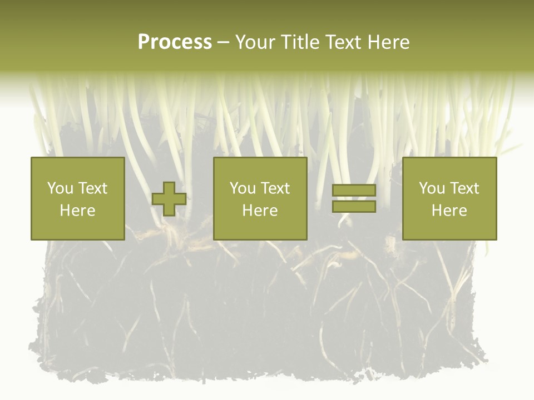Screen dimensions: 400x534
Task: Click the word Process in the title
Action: pos(175,42)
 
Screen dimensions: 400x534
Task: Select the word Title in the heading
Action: pos(301,42)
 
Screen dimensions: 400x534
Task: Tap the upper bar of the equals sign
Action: pos(354,191)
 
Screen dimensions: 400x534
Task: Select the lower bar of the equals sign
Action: pos(354,207)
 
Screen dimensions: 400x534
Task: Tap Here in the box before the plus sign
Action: pos(77,211)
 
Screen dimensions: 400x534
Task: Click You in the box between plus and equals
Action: pos(243,188)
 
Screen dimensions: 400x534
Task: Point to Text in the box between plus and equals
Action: pos(275,188)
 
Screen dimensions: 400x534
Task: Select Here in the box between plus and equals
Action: pos(260,211)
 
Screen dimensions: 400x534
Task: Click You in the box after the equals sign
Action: pos(432,188)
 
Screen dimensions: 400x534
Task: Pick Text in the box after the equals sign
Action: pos(464,188)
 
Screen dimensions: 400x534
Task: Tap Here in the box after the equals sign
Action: pos(449,211)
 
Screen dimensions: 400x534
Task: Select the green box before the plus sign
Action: pos(77,228)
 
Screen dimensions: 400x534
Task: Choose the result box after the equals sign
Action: pos(449,228)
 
